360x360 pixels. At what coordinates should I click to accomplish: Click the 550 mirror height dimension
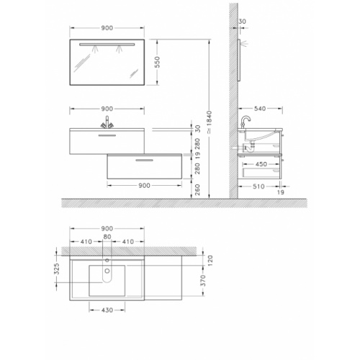pyautogui.click(x=157, y=62)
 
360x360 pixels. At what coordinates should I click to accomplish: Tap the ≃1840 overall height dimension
pyautogui.click(x=210, y=122)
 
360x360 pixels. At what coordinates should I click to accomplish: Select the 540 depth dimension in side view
pyautogui.click(x=260, y=109)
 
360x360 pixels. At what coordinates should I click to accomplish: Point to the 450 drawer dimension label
pyautogui.click(x=261, y=164)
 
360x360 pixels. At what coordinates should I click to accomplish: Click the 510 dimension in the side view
pyautogui.click(x=258, y=186)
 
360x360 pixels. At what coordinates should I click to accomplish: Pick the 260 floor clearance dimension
pyautogui.click(x=197, y=189)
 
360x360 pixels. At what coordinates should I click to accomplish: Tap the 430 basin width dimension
pyautogui.click(x=107, y=310)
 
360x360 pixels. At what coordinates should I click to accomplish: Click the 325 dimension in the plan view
pyautogui.click(x=56, y=269)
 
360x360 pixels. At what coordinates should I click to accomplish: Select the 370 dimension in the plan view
pyautogui.click(x=203, y=280)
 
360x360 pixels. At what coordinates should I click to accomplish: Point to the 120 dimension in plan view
pyautogui.click(x=210, y=261)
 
